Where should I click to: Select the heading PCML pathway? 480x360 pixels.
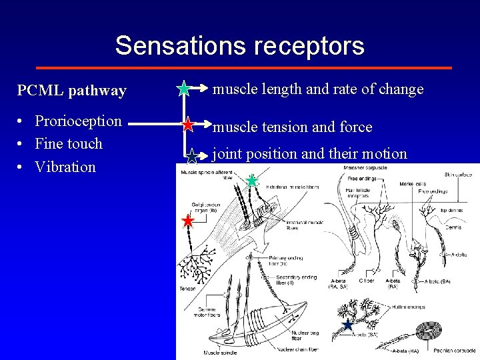(x=71, y=91)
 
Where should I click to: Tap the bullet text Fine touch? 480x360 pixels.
(x=69, y=143)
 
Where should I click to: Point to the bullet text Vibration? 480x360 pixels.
(x=65, y=167)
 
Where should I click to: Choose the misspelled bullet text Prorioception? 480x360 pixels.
(x=78, y=121)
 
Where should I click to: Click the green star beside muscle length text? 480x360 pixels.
(x=184, y=88)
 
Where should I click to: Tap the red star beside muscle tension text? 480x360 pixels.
(x=188, y=125)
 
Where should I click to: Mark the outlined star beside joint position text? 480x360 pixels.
(x=191, y=157)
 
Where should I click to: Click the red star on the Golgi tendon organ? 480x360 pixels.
(x=188, y=221)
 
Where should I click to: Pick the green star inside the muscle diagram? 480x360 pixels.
(x=251, y=181)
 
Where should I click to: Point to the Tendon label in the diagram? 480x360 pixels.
(x=187, y=289)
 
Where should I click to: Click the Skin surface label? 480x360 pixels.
(x=459, y=175)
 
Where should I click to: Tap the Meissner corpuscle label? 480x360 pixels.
(x=363, y=167)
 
